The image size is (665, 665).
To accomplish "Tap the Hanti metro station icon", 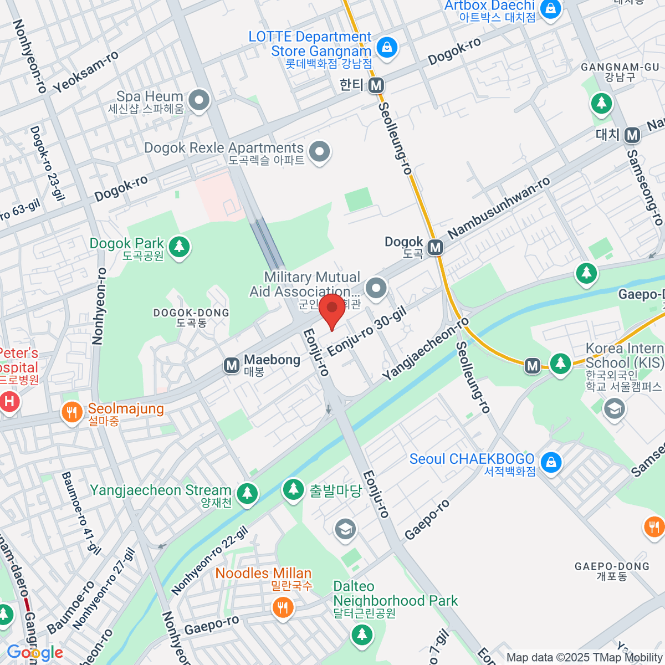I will (x=377, y=85).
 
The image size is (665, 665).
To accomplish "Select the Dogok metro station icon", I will (x=436, y=247).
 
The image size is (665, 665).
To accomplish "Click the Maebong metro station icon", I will (x=231, y=365).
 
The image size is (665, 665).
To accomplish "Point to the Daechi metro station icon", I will (x=632, y=135).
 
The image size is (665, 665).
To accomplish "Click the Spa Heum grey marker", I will (x=198, y=100).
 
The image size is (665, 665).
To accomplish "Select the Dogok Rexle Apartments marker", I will (x=319, y=151).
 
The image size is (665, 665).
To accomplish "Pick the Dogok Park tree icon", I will (x=179, y=245).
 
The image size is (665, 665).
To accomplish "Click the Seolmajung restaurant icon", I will (x=71, y=413).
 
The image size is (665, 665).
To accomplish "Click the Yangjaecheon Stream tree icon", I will (x=247, y=492).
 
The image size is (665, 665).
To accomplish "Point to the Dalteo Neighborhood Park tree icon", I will (x=362, y=633).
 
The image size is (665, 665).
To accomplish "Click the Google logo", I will (x=34, y=653).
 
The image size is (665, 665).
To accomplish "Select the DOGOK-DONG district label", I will (x=191, y=318).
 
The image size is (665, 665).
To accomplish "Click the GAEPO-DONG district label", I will (x=612, y=571).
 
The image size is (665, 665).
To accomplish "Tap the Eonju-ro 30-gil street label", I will (x=367, y=332).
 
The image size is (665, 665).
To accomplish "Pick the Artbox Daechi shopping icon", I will (x=550, y=9).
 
